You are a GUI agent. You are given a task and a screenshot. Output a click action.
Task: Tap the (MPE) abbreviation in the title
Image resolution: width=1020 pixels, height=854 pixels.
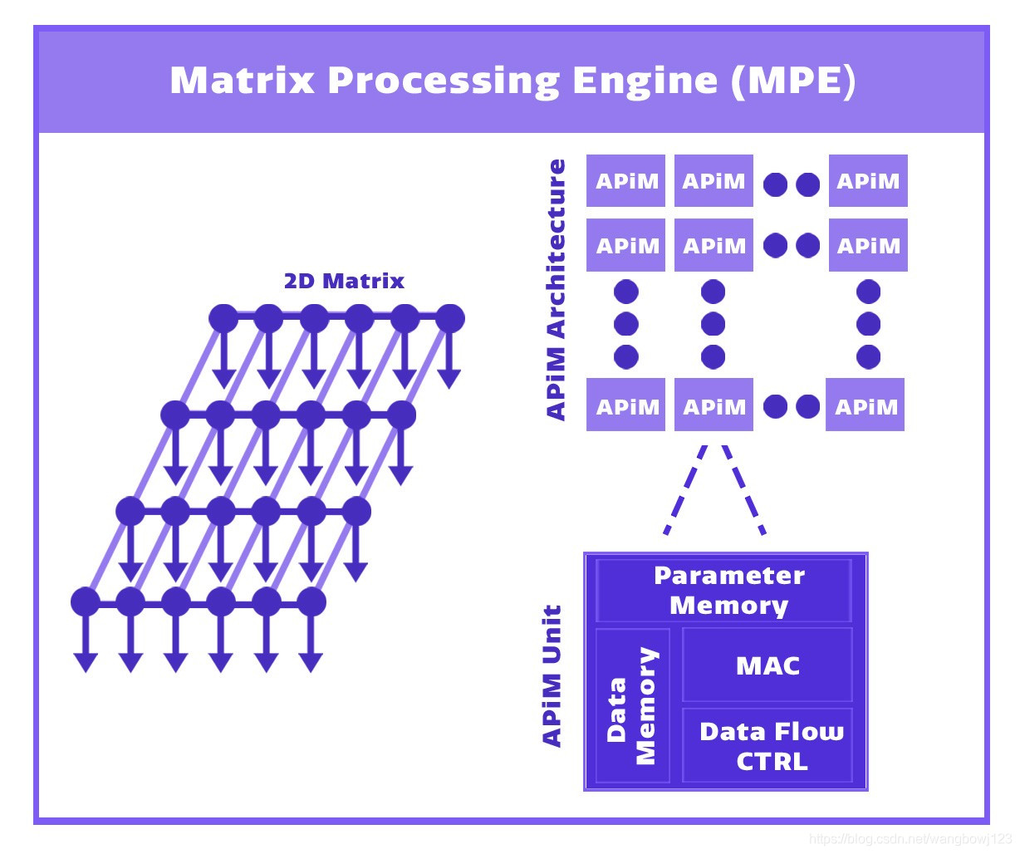[x=793, y=81]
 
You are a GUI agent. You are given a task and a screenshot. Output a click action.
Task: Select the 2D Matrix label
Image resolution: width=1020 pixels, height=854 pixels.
[x=344, y=281]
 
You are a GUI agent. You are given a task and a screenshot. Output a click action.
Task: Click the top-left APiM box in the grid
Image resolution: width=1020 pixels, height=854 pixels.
[x=625, y=180]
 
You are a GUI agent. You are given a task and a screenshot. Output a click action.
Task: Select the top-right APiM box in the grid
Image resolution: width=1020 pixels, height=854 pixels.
[x=868, y=180]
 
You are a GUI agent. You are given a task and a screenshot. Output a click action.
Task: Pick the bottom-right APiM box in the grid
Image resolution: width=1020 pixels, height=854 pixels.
[x=865, y=405]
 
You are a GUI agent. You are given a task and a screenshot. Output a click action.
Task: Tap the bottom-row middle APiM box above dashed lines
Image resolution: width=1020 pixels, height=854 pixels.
[x=714, y=405]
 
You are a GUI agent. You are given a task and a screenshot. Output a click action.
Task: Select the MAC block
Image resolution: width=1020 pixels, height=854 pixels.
[x=767, y=665]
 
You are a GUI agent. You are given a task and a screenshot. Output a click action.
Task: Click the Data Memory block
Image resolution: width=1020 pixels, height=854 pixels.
[x=633, y=706]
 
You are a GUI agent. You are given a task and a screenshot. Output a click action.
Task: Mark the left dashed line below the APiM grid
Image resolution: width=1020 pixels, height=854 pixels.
[x=685, y=490]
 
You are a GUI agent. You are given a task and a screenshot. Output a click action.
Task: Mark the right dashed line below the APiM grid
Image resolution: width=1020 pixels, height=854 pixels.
[x=743, y=490]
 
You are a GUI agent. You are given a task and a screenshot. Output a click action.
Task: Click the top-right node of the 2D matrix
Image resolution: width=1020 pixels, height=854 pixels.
[x=449, y=318]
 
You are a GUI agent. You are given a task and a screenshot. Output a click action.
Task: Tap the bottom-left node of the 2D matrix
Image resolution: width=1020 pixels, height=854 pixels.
[x=86, y=601]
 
